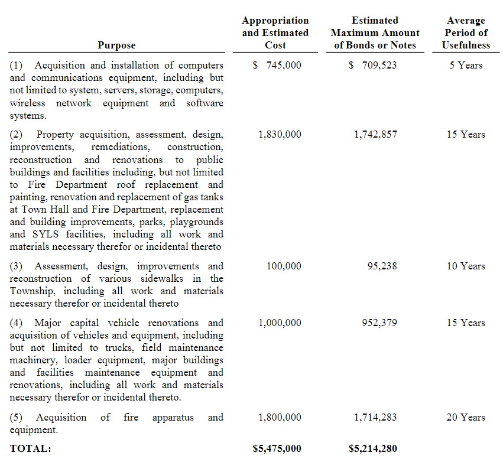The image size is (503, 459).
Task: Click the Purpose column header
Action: pos(116,45)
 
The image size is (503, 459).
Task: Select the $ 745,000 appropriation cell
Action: pos(276,66)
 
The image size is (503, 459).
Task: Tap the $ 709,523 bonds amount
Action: pos(372,66)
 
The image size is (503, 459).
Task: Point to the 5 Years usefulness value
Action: pos(466,66)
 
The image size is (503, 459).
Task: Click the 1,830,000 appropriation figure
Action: pos(280,135)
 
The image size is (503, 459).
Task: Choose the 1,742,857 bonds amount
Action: pos(375,135)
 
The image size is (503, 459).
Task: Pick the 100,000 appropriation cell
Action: pos(284,266)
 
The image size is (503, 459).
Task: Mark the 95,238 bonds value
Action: pos(382,266)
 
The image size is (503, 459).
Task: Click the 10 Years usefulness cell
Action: pos(466,266)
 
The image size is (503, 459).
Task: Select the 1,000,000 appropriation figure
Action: pos(280,323)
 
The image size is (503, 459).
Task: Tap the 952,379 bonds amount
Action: pos(379,323)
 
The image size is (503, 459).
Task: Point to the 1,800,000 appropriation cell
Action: pos(280,418)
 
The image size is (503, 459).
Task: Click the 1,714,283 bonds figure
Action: pos(375,418)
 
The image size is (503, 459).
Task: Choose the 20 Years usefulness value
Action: pos(466,418)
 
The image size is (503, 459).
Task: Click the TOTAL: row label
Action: pos(31,449)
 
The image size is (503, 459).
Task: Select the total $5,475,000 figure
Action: pos(277,449)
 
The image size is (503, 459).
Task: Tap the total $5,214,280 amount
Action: pos(373,449)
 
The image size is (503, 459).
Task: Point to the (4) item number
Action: pos(17,323)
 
